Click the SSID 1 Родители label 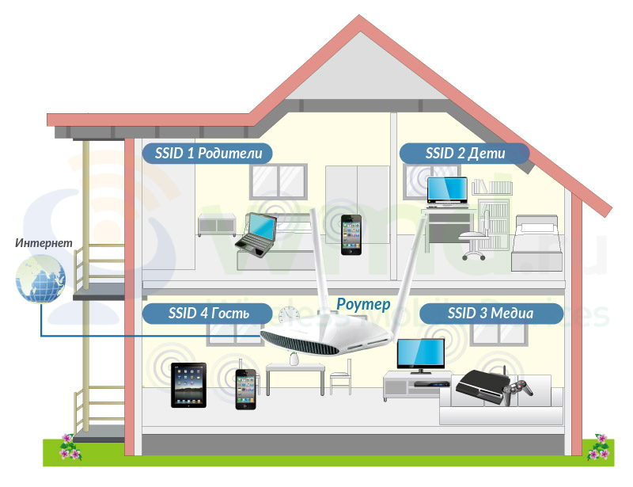207,153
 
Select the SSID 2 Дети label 464,153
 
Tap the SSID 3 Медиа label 491,314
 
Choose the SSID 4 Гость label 207,314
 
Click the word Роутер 363,304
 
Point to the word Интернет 44,243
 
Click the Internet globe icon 40,279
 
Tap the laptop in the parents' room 256,235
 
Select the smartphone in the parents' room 351,235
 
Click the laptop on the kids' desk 447,190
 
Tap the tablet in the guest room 188,385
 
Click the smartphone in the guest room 246,390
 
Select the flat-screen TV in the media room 421,356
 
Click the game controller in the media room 517,390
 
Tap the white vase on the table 294,359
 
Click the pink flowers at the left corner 70,447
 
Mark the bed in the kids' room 537,243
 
